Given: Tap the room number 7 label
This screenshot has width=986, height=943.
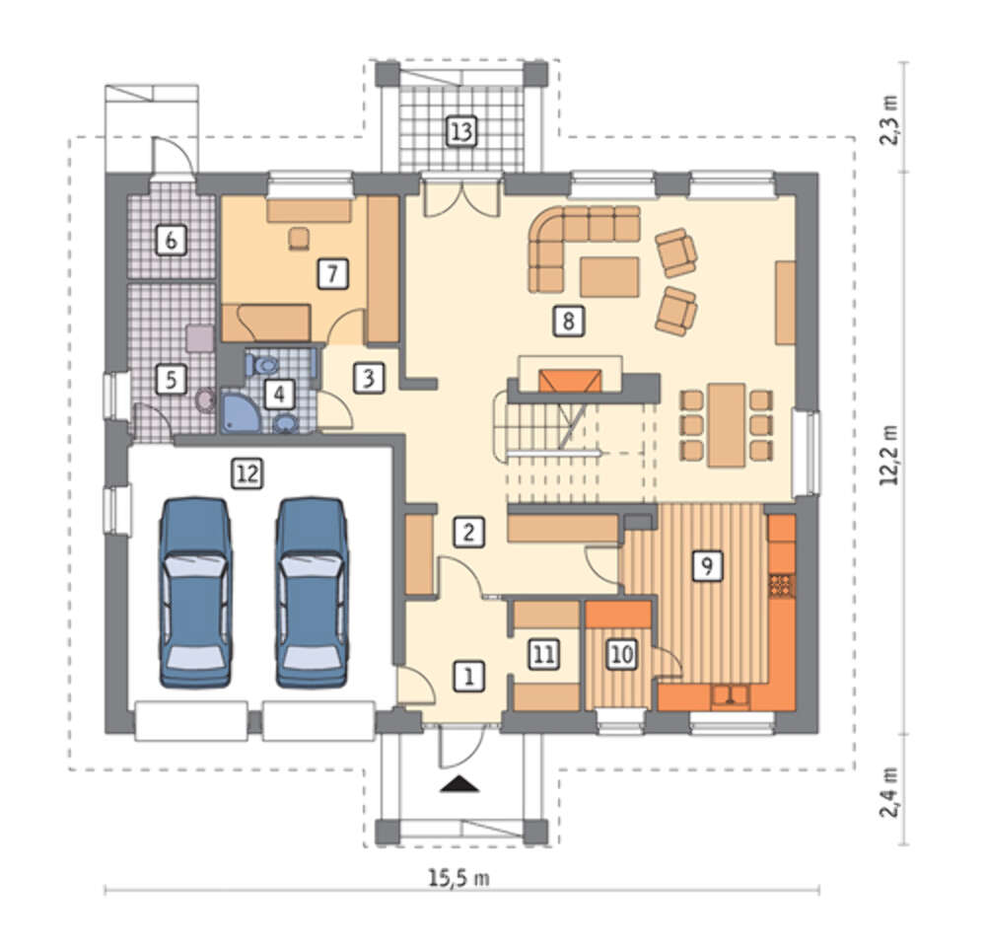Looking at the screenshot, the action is point(332,273).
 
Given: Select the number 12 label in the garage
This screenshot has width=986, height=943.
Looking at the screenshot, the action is point(246,472).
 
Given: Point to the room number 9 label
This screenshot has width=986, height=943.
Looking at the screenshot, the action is point(707,565).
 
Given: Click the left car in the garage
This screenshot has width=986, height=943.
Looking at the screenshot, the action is point(194,592).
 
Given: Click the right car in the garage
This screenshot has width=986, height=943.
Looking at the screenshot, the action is point(312,592).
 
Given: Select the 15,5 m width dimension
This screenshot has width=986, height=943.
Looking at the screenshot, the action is point(459,878).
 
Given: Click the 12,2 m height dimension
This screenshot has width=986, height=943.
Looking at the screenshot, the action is point(889,454).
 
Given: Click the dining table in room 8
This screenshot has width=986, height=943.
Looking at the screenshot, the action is point(727,424).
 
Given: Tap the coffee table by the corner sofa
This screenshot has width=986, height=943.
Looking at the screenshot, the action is point(610,277).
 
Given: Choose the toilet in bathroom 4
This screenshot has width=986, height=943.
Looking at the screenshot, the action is point(263,364).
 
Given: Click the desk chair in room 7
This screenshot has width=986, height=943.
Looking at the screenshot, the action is point(300,239).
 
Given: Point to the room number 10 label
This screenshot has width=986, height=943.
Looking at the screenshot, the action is point(622,654).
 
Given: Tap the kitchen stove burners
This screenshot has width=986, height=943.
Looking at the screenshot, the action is point(782,586).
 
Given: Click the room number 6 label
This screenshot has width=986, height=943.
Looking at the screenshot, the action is point(171,240).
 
